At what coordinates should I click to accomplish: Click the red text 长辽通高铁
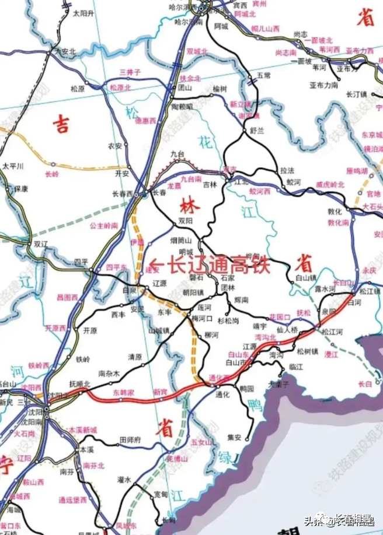219,266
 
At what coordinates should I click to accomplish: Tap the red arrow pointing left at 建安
156,264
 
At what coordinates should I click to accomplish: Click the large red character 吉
61,125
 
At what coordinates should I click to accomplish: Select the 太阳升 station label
83,12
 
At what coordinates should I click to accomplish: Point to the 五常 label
264,76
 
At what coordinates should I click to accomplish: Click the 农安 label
116,146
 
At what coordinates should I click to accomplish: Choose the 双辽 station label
40,245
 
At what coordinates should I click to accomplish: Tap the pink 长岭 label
52,174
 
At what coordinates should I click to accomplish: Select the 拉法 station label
287,170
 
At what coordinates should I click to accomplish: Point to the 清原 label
135,356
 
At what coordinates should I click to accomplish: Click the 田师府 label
131,440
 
